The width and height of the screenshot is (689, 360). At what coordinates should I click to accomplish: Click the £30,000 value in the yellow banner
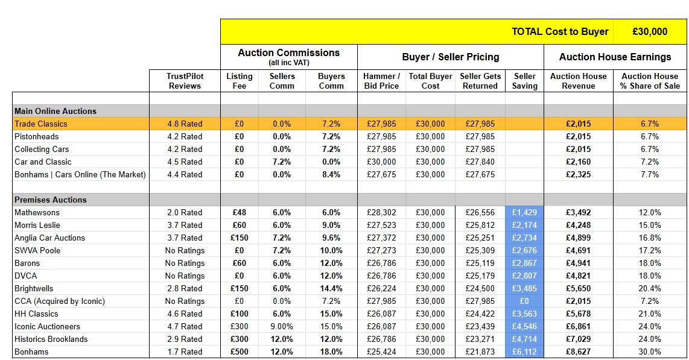[650, 31]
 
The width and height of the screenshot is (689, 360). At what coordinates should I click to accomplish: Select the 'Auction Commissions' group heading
[289, 52]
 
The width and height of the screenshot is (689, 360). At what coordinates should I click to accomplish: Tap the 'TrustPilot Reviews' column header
[185, 81]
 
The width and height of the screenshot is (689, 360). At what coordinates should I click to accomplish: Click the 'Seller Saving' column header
[525, 81]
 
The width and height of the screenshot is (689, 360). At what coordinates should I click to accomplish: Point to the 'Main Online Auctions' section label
[56, 111]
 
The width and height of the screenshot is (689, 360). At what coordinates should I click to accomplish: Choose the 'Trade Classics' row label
[41, 124]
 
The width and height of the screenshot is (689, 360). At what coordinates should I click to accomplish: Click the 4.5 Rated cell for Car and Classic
[185, 162]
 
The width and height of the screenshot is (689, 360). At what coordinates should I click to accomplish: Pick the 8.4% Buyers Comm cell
[331, 174]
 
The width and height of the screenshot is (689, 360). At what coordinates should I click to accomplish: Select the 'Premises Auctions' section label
[51, 200]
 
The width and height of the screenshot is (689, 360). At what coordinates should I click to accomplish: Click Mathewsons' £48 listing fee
[239, 212]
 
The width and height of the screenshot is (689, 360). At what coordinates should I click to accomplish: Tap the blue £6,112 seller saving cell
[524, 352]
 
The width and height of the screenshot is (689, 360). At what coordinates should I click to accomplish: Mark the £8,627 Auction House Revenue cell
[578, 352]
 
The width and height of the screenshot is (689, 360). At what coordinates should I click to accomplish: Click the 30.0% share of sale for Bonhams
[650, 352]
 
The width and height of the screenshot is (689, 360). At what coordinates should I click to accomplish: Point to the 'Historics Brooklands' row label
[51, 339]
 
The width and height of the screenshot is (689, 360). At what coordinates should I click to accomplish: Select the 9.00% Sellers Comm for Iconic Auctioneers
[282, 326]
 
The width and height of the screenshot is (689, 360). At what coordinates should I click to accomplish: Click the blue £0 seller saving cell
[524, 301]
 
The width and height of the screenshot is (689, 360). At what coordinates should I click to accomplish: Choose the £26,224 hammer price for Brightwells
[381, 288]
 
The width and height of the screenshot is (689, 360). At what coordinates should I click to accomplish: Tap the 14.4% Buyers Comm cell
[331, 288]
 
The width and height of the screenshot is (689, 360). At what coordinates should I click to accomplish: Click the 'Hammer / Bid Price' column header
[381, 81]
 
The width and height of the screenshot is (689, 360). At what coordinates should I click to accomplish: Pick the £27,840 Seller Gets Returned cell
[480, 162]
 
